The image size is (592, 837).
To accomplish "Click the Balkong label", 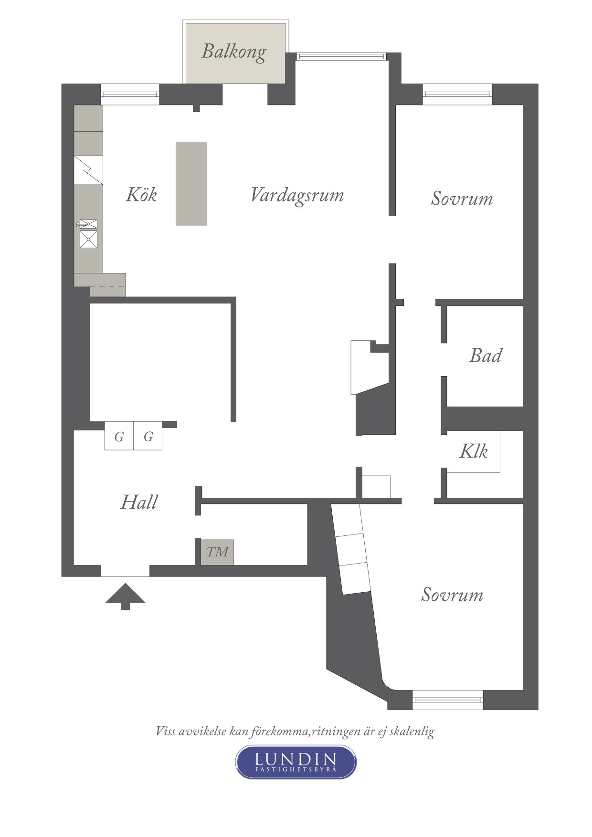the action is tap(234, 52).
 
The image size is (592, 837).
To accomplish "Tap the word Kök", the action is tap(141, 195).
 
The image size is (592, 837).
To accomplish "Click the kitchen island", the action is tap(191, 183).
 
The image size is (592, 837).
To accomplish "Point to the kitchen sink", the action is tap(88, 234).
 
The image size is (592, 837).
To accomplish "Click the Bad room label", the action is tap(486, 356).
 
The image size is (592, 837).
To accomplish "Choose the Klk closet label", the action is tap(474, 451).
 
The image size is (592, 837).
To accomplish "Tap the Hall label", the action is tap(139, 502).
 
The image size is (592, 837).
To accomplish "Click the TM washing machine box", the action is tap(217, 552).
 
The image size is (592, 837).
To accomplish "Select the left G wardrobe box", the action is tap(119, 436).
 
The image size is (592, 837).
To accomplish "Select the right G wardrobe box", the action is tap(148, 436).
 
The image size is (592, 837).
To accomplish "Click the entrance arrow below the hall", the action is tap(125, 596).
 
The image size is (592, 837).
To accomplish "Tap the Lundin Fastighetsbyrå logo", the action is tap(296, 762).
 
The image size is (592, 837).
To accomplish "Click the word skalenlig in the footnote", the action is tap(412, 732).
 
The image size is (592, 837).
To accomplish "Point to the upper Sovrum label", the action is tap(462, 199).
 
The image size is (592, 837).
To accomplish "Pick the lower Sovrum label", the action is tap(452, 595).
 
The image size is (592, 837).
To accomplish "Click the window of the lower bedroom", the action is tap(448, 700).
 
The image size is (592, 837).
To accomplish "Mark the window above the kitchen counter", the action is tap(130, 94).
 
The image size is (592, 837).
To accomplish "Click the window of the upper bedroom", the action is tap(457, 94).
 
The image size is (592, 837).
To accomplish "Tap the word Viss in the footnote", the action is tap(165, 731).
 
